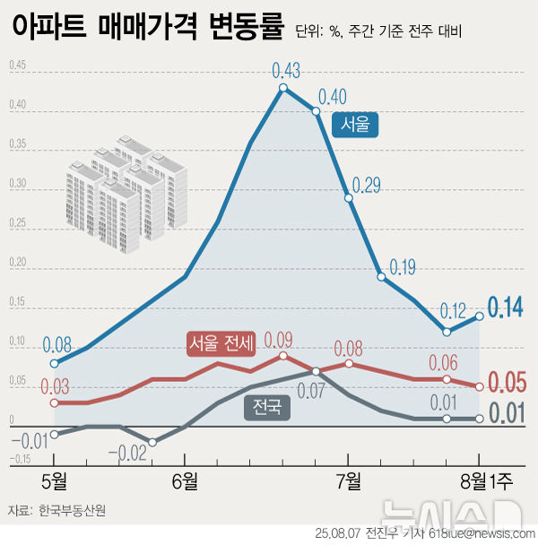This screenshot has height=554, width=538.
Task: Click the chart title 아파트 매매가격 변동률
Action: tap(147, 28)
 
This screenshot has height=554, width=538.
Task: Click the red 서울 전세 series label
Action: tap(221, 342)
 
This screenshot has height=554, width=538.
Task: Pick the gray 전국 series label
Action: tap(266, 408)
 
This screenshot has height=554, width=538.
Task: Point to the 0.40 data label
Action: tap(333, 96)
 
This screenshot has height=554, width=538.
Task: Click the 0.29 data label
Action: tap(367, 186)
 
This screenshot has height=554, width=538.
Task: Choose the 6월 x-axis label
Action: tap(185, 481)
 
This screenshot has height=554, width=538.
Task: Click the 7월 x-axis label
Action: tap(348, 481)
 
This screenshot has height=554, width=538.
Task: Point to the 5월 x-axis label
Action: tap(55, 481)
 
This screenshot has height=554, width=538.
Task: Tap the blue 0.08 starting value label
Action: tap(56, 345)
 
